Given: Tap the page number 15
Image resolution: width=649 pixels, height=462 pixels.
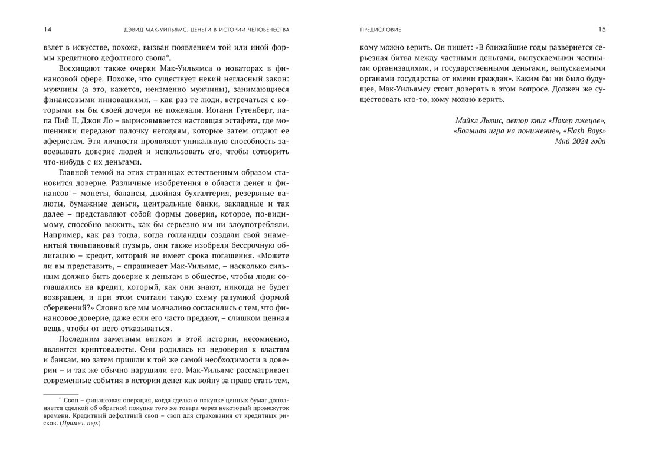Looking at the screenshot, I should click(x=602, y=29).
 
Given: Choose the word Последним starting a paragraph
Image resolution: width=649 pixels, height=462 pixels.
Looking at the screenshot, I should click(x=82, y=341).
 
